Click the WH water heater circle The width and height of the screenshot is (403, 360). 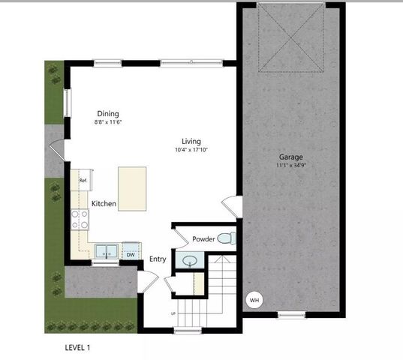point(254,300)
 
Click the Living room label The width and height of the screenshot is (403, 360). point(191,141)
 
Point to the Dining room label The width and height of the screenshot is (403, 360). point(108,114)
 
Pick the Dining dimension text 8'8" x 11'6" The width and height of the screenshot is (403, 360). point(108,122)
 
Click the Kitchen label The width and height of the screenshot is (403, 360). point(104,204)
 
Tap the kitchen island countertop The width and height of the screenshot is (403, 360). point(132,189)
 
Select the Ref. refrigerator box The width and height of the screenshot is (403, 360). point(83,180)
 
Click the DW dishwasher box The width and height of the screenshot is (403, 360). point(131,254)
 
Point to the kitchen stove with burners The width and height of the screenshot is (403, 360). point(80,219)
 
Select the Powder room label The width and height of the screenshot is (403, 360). point(204,239)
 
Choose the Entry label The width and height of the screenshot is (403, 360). point(158,259)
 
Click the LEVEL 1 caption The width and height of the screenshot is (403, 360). point(78,348)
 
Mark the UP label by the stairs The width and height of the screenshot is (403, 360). point(174,313)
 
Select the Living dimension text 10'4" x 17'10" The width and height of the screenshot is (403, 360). point(191,150)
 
